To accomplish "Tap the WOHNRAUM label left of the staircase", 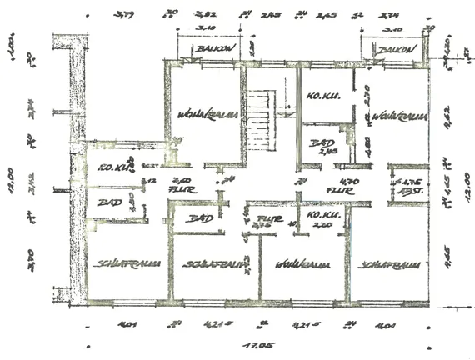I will [208, 115].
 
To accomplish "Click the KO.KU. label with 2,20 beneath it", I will [321, 217].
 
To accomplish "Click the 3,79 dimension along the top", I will [126, 15].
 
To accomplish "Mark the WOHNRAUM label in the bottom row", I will [302, 265].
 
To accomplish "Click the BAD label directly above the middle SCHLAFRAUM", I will [200, 218].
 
